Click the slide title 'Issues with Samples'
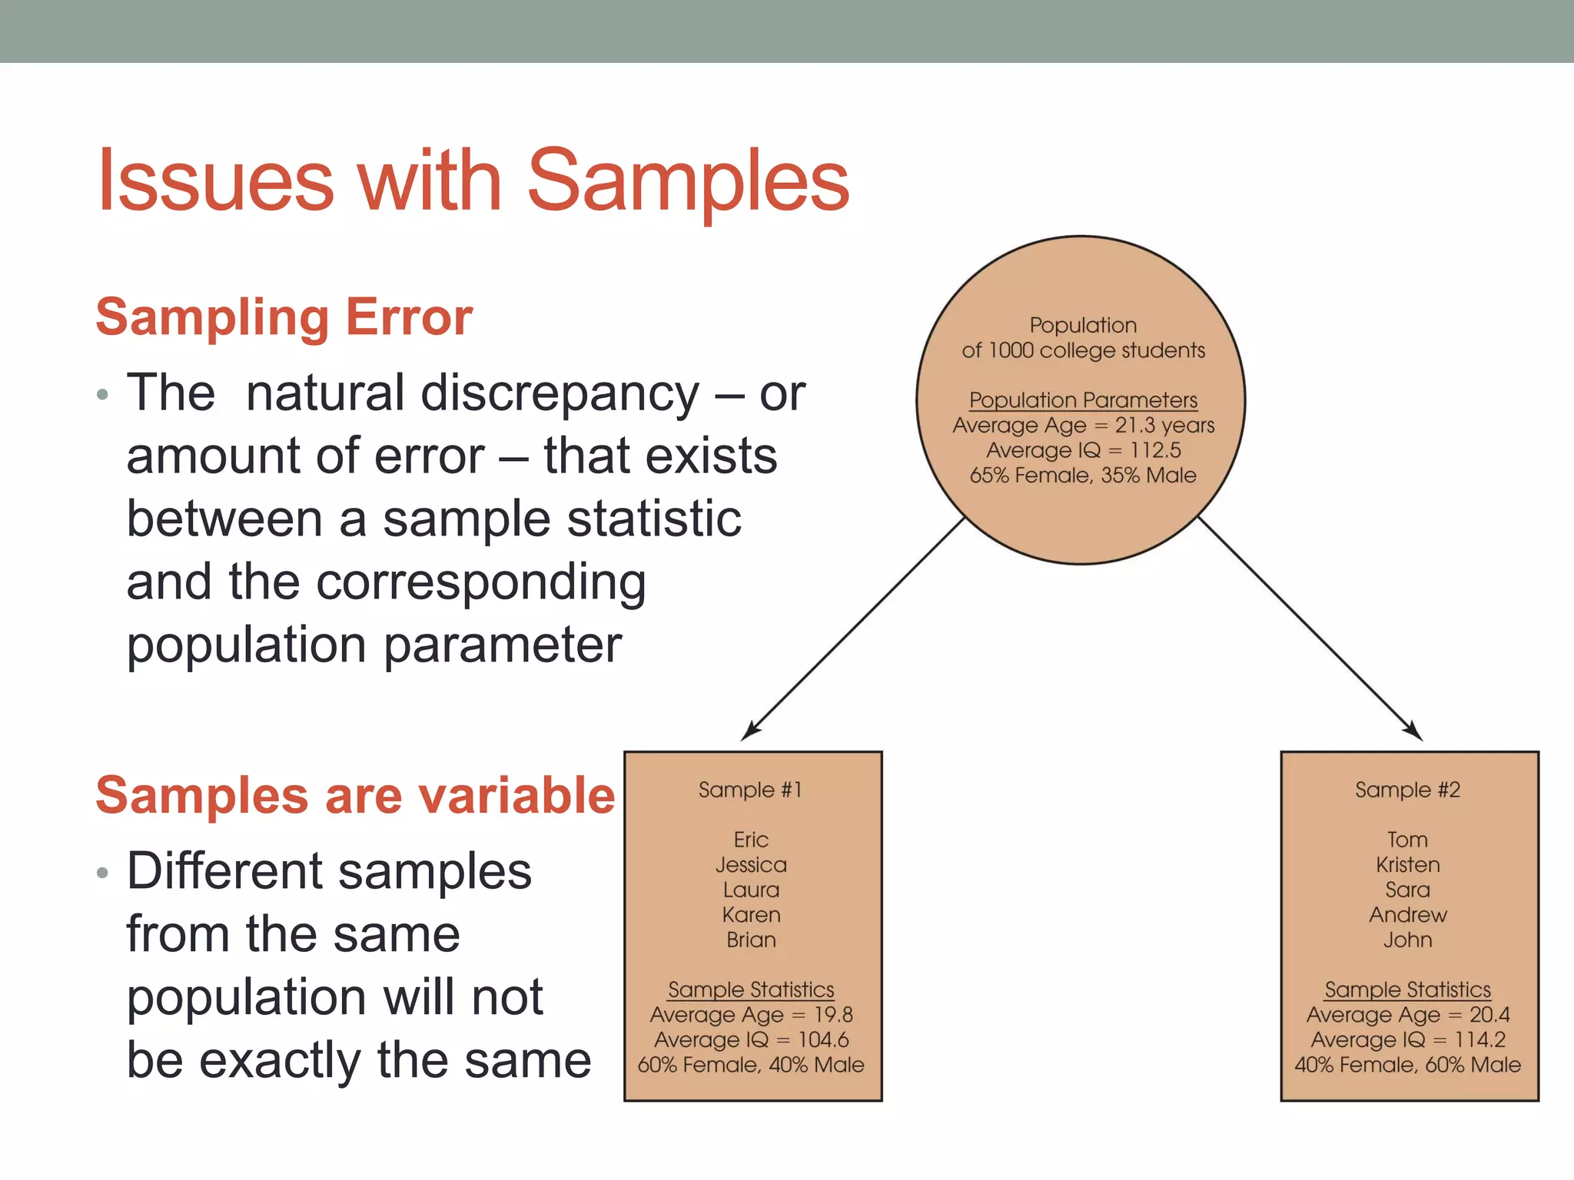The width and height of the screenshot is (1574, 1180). (473, 181)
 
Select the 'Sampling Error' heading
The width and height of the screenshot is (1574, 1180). (284, 317)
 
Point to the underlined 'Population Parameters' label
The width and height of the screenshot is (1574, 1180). (1083, 400)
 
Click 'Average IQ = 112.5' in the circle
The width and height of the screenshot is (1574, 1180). (1083, 450)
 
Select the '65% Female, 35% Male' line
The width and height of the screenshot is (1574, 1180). (1083, 476)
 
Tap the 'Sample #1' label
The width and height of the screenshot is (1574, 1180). (750, 790)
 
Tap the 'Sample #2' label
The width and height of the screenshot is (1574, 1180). (1407, 790)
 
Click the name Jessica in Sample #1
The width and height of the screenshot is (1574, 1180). (751, 865)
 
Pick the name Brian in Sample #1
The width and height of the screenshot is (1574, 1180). (751, 940)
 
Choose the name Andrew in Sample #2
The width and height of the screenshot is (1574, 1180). (1407, 915)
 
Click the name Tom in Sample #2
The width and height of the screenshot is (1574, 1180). (1407, 840)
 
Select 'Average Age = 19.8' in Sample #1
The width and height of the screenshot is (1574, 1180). (751, 1015)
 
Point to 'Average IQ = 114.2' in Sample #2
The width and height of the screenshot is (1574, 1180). (1407, 1040)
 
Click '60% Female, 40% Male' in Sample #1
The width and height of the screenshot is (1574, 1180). (751, 1065)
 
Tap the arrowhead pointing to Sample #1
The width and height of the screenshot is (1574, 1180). (749, 732)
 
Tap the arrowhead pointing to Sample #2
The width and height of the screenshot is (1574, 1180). (1414, 732)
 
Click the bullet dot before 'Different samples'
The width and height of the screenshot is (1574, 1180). (103, 873)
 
